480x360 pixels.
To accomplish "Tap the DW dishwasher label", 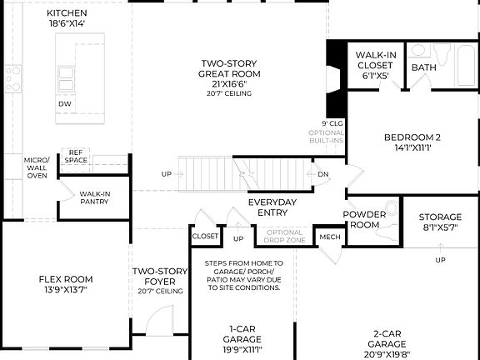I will coord(64,103).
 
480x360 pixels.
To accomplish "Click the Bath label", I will coord(423,67).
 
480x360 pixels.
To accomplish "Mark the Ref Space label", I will coord(77,156).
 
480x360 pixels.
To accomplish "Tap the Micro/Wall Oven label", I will coord(37,167).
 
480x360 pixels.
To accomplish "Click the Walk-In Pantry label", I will coord(95,197).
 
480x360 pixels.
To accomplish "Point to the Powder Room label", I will coord(365,219).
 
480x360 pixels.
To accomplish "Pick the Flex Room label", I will coord(66,284).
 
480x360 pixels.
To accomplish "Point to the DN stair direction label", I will coord(323,174).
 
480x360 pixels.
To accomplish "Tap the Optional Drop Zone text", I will coord(285,237).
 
